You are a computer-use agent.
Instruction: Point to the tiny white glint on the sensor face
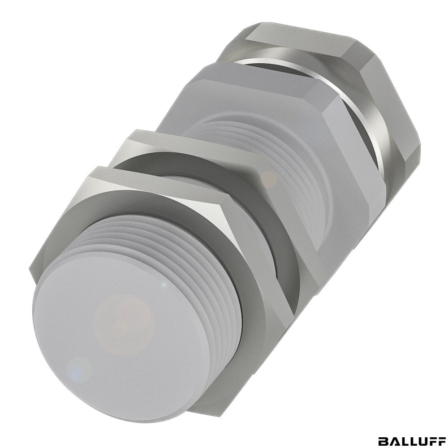click(x=164, y=284)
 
